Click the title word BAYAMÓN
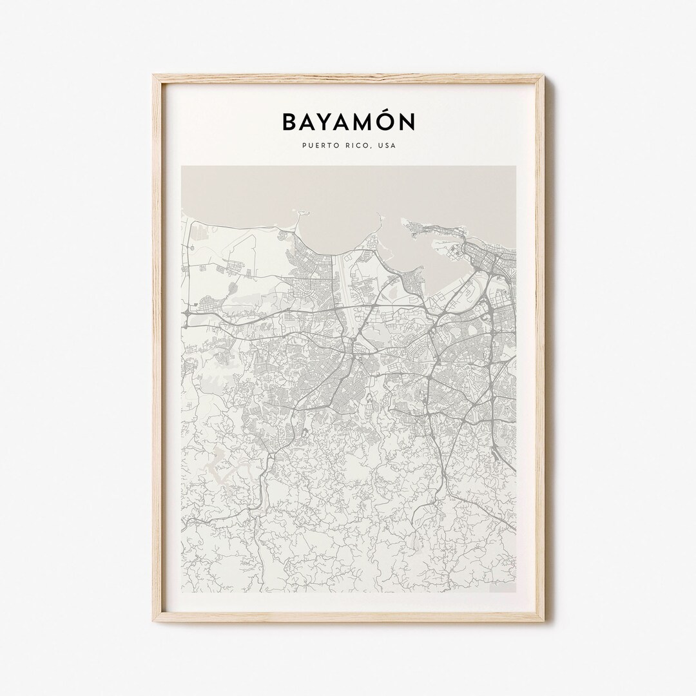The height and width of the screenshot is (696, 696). point(348,122)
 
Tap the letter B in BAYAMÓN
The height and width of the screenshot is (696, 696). point(289,122)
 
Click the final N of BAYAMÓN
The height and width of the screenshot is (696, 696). point(408,122)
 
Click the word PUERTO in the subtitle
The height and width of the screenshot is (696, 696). point(317,146)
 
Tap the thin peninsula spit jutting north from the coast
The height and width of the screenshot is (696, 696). point(298,222)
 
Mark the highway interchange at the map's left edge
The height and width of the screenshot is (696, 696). point(186,314)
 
